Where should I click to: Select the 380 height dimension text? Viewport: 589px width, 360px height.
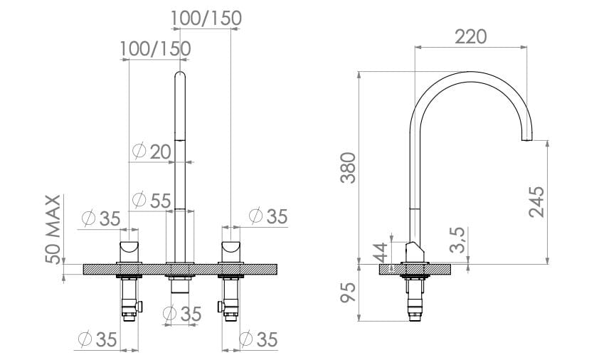pyautogui.click(x=347, y=168)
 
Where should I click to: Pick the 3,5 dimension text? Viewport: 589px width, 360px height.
pyautogui.click(x=459, y=241)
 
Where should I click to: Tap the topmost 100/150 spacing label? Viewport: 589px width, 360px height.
pyautogui.click(x=206, y=18)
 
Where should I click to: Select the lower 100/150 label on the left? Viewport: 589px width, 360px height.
pyautogui.click(x=155, y=49)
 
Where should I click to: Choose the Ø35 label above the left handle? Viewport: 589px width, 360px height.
pyautogui.click(x=101, y=218)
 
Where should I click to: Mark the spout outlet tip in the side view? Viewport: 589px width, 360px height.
pyautogui.click(x=527, y=138)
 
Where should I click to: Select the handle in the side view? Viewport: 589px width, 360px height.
pyautogui.click(x=415, y=252)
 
